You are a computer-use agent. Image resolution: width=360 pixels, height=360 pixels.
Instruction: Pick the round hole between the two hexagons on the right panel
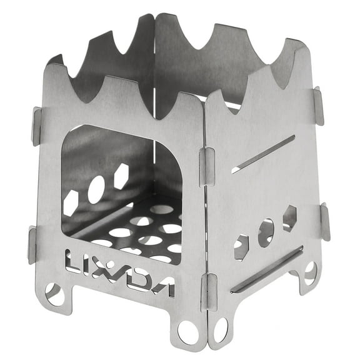(x=266, y=232)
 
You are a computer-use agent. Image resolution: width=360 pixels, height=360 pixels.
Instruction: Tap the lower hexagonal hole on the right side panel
(x=241, y=247)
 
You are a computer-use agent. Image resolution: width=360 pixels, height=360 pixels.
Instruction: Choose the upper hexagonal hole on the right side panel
(x=289, y=218)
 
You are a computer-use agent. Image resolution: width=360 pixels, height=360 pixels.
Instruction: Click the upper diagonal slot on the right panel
(x=262, y=154)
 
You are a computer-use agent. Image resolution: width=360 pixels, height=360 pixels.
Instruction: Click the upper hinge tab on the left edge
(x=36, y=126)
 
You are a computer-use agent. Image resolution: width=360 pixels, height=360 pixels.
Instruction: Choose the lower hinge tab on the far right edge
(x=324, y=222)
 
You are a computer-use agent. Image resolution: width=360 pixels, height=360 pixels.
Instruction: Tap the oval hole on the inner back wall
(x=96, y=189)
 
